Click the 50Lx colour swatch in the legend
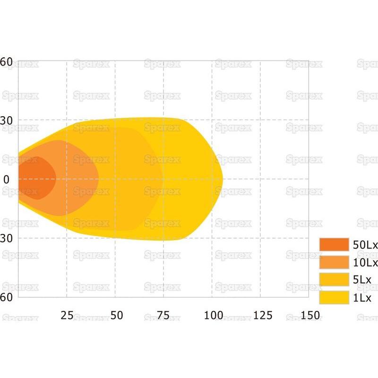(334, 244)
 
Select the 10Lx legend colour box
(334, 262)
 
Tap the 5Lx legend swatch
(334, 280)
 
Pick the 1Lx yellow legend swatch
(334, 297)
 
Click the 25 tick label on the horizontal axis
(67, 315)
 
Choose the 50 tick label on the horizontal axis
(116, 315)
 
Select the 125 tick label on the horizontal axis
(262, 315)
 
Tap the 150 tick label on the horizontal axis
(310, 315)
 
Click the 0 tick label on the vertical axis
(7, 180)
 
